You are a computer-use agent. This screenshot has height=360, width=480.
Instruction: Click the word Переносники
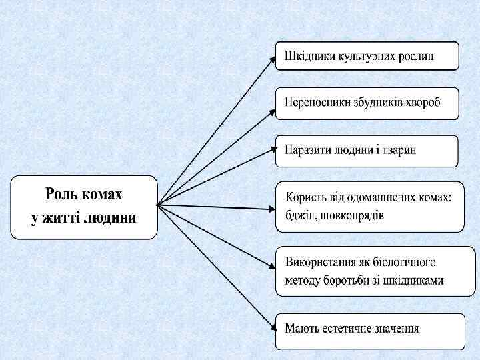[x=315, y=104]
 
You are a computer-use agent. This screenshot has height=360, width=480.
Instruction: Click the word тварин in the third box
[x=401, y=150]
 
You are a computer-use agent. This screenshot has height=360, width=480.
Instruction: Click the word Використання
[x=322, y=262]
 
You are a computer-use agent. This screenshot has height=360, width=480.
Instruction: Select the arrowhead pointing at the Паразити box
[x=273, y=151]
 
